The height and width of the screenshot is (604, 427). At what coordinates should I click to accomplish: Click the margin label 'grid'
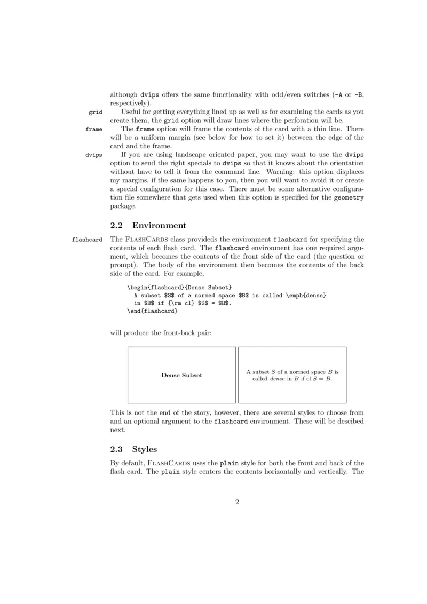[96, 112]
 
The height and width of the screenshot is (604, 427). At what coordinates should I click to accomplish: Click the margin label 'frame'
[94, 129]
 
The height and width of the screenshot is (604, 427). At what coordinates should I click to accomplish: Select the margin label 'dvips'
[94, 155]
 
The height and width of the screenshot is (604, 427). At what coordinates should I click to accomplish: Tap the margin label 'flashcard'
[87, 240]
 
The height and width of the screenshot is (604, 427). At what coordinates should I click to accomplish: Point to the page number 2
[237, 502]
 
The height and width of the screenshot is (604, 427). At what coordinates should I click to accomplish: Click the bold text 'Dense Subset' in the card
[181, 375]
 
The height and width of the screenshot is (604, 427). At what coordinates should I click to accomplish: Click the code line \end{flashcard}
[152, 311]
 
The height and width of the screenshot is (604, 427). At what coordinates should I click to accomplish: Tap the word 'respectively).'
[131, 103]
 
